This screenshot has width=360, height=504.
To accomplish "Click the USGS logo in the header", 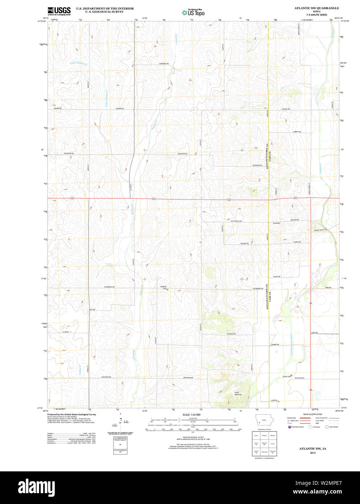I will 59,11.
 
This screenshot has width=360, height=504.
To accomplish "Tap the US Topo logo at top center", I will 193,12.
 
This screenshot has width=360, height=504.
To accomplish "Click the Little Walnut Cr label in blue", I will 79,63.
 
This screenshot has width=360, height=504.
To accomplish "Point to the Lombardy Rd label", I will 164,64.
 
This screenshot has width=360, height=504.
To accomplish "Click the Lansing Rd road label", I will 285,109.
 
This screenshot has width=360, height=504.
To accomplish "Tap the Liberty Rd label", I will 297,132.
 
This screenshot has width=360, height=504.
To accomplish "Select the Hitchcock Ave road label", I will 236,221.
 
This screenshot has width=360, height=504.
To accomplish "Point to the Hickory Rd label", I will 244,243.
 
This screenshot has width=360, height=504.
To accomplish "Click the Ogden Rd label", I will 297,241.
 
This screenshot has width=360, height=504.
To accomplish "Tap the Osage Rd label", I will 277,276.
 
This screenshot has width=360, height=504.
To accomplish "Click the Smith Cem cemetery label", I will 287,376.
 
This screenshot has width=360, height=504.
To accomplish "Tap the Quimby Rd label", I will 275,344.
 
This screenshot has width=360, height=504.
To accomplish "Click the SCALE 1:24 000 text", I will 191,414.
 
